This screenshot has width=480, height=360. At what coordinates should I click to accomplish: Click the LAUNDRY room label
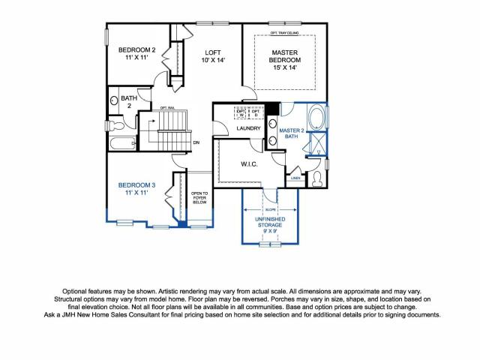pyautogui.click(x=247, y=128)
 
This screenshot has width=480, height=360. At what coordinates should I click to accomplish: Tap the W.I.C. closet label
pyautogui.click(x=250, y=163)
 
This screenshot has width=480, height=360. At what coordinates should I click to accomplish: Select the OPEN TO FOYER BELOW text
pyautogui.click(x=199, y=197)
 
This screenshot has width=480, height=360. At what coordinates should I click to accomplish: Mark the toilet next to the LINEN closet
pyautogui.click(x=317, y=177)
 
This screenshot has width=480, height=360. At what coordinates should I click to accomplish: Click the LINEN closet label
pyautogui.click(x=295, y=178)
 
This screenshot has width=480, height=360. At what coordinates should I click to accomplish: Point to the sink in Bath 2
pyautogui.click(x=115, y=100)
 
